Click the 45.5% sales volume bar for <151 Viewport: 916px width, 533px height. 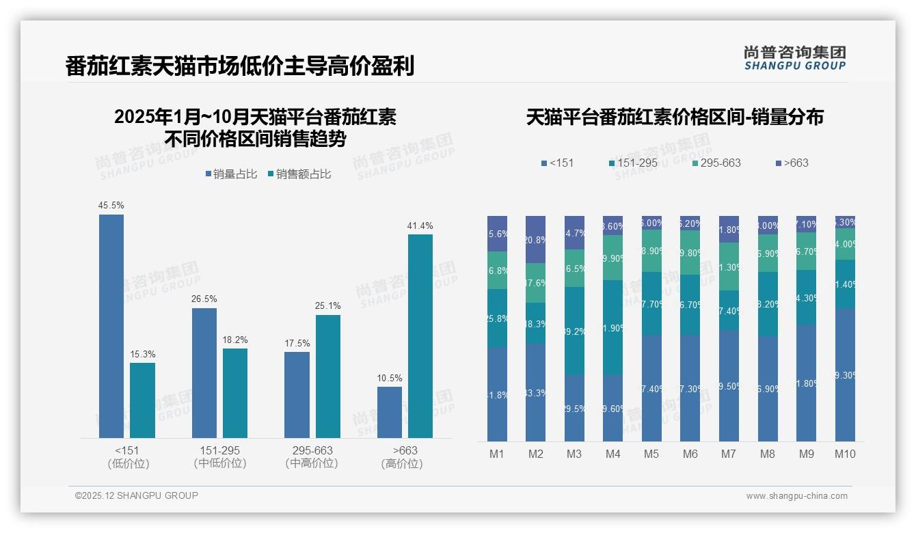coord(111,326)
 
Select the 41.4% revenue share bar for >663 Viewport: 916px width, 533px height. coord(420,336)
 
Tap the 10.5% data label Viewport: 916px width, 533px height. coord(390,378)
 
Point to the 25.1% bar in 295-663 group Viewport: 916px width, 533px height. coord(328,376)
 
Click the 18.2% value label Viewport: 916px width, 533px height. coord(235,340)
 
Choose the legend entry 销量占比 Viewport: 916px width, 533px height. coord(231,174)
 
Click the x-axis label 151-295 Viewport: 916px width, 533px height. coord(220,451)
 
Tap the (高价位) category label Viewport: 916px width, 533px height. coord(401,463)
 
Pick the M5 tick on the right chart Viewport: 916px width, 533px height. coord(651,454)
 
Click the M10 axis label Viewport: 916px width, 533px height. coord(845,454)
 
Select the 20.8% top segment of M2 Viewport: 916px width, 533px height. coord(535,240)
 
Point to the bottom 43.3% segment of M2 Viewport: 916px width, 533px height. coord(535,392)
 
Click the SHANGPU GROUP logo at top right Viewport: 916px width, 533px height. coord(794,58)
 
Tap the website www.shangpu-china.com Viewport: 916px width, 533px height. coord(796,496)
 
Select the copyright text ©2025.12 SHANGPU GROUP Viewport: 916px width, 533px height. coord(137,495)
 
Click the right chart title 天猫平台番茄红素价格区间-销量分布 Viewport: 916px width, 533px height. coord(675,117)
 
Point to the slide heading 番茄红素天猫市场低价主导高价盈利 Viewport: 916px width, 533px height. coord(240,66)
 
